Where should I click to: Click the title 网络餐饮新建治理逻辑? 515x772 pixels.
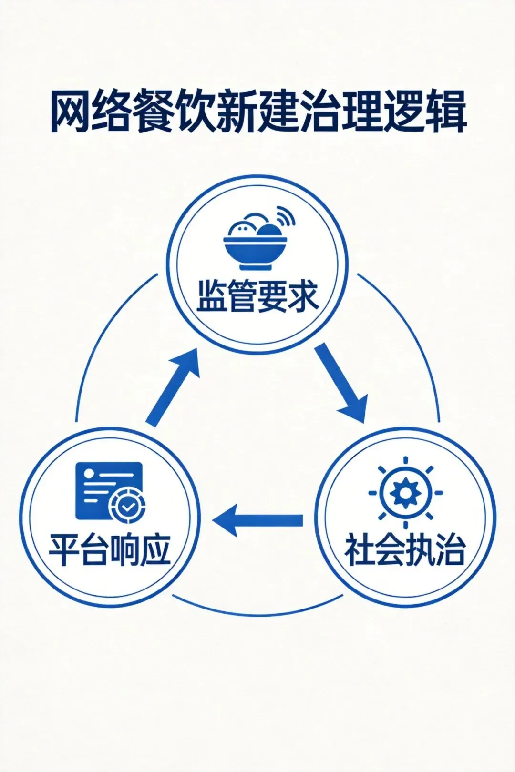(257, 114)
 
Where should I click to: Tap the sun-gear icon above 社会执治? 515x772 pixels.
(405, 493)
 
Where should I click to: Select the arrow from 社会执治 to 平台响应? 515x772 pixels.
(258, 520)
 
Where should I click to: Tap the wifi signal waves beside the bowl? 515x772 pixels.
(285, 216)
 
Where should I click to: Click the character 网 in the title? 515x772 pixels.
(71, 114)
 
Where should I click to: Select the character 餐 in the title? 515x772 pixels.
(154, 114)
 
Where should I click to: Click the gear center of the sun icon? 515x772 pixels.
(405, 493)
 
